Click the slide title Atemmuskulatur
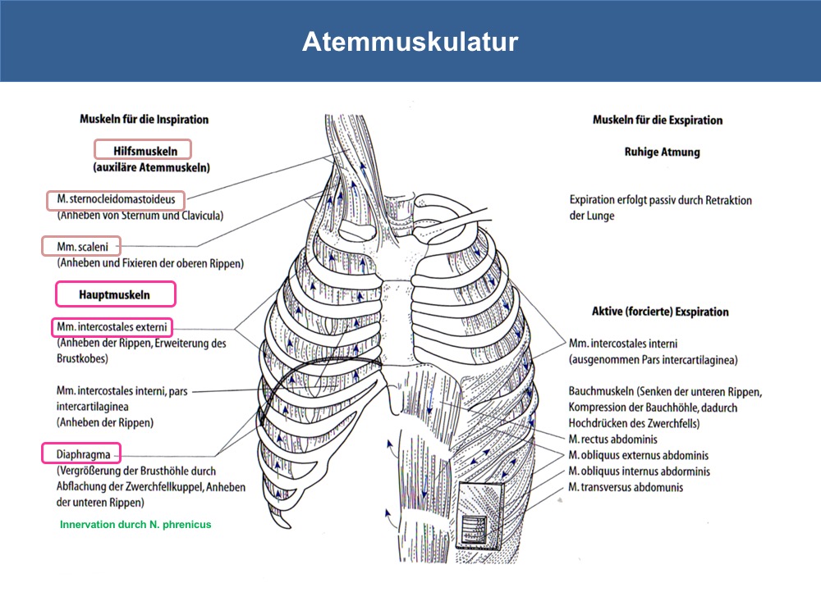410,41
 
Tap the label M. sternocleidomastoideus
116,200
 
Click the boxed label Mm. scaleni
81,246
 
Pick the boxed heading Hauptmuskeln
116,294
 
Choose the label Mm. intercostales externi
112,327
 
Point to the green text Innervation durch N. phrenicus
135,525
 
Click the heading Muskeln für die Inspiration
144,119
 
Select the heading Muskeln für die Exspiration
657,120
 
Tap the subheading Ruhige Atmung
662,152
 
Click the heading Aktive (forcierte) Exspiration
660,312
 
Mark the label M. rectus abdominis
612,439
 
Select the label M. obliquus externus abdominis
638,455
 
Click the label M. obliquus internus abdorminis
640,471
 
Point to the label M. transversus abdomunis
626,487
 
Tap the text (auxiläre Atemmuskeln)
152,167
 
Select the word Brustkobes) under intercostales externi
82,359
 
